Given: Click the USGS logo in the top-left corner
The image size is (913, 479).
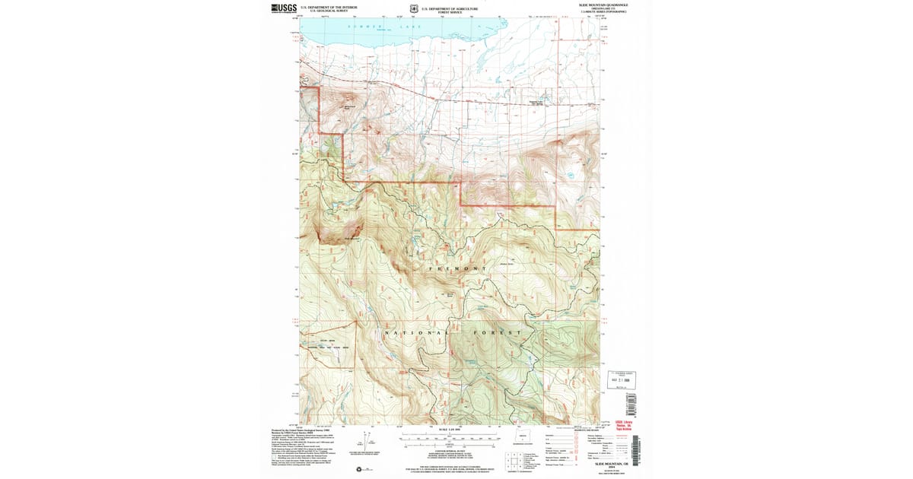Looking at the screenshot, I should (x=284, y=8).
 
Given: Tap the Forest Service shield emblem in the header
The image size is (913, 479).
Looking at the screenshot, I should (x=412, y=8).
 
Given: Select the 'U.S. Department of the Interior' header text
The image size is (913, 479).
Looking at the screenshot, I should (x=334, y=7).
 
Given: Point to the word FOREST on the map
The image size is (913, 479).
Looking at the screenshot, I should (x=502, y=333).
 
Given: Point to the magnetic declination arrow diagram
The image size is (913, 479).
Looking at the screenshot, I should (x=371, y=441).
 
